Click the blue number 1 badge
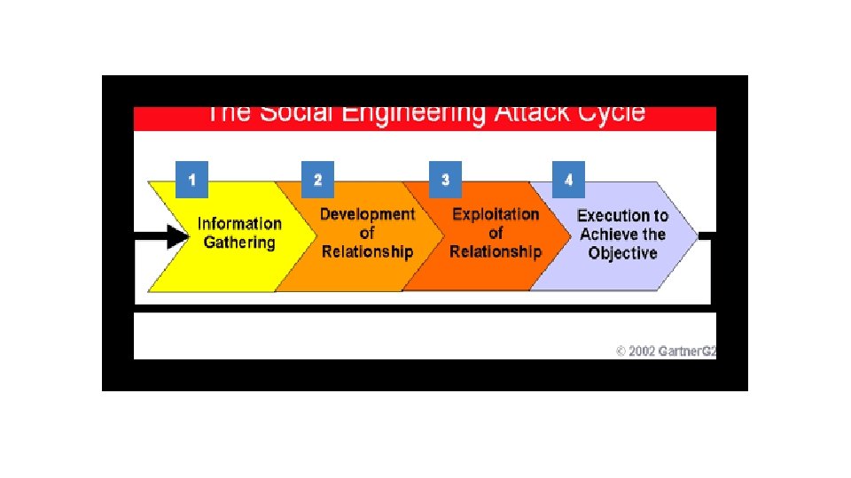point(191,180)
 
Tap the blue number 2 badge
point(318,180)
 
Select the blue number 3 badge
point(445,180)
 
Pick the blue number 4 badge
point(568,180)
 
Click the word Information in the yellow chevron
point(239,224)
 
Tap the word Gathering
point(239,243)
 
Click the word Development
point(367,214)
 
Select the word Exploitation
point(496,214)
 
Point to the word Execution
point(612,215)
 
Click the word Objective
point(622,253)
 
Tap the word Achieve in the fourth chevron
point(609,235)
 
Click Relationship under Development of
point(367,252)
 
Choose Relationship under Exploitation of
point(495,252)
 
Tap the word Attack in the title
point(528,114)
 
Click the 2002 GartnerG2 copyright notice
point(666,351)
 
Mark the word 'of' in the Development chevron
point(367,234)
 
